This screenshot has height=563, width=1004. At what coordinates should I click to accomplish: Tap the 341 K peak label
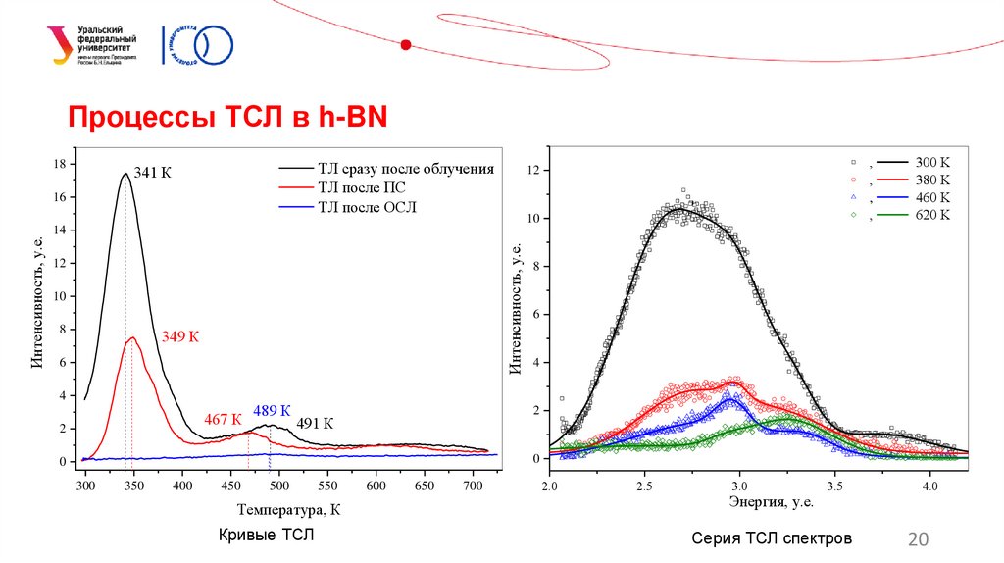click(153, 173)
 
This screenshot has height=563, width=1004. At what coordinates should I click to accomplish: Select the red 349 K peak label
click(180, 337)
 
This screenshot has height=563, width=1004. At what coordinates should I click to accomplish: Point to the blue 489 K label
click(272, 411)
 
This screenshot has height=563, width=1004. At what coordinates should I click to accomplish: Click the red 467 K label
click(223, 420)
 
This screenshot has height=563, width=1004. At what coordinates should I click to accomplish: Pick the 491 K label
click(315, 424)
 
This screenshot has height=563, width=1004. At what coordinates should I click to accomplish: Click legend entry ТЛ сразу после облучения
click(405, 169)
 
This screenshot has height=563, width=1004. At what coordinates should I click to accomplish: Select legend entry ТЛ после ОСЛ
click(367, 207)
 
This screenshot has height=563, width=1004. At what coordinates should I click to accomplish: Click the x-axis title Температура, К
click(289, 510)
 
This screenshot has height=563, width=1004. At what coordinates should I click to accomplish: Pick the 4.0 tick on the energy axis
click(929, 486)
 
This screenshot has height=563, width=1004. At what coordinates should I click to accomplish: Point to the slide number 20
click(919, 538)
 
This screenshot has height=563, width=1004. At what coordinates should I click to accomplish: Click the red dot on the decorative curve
click(406, 43)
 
